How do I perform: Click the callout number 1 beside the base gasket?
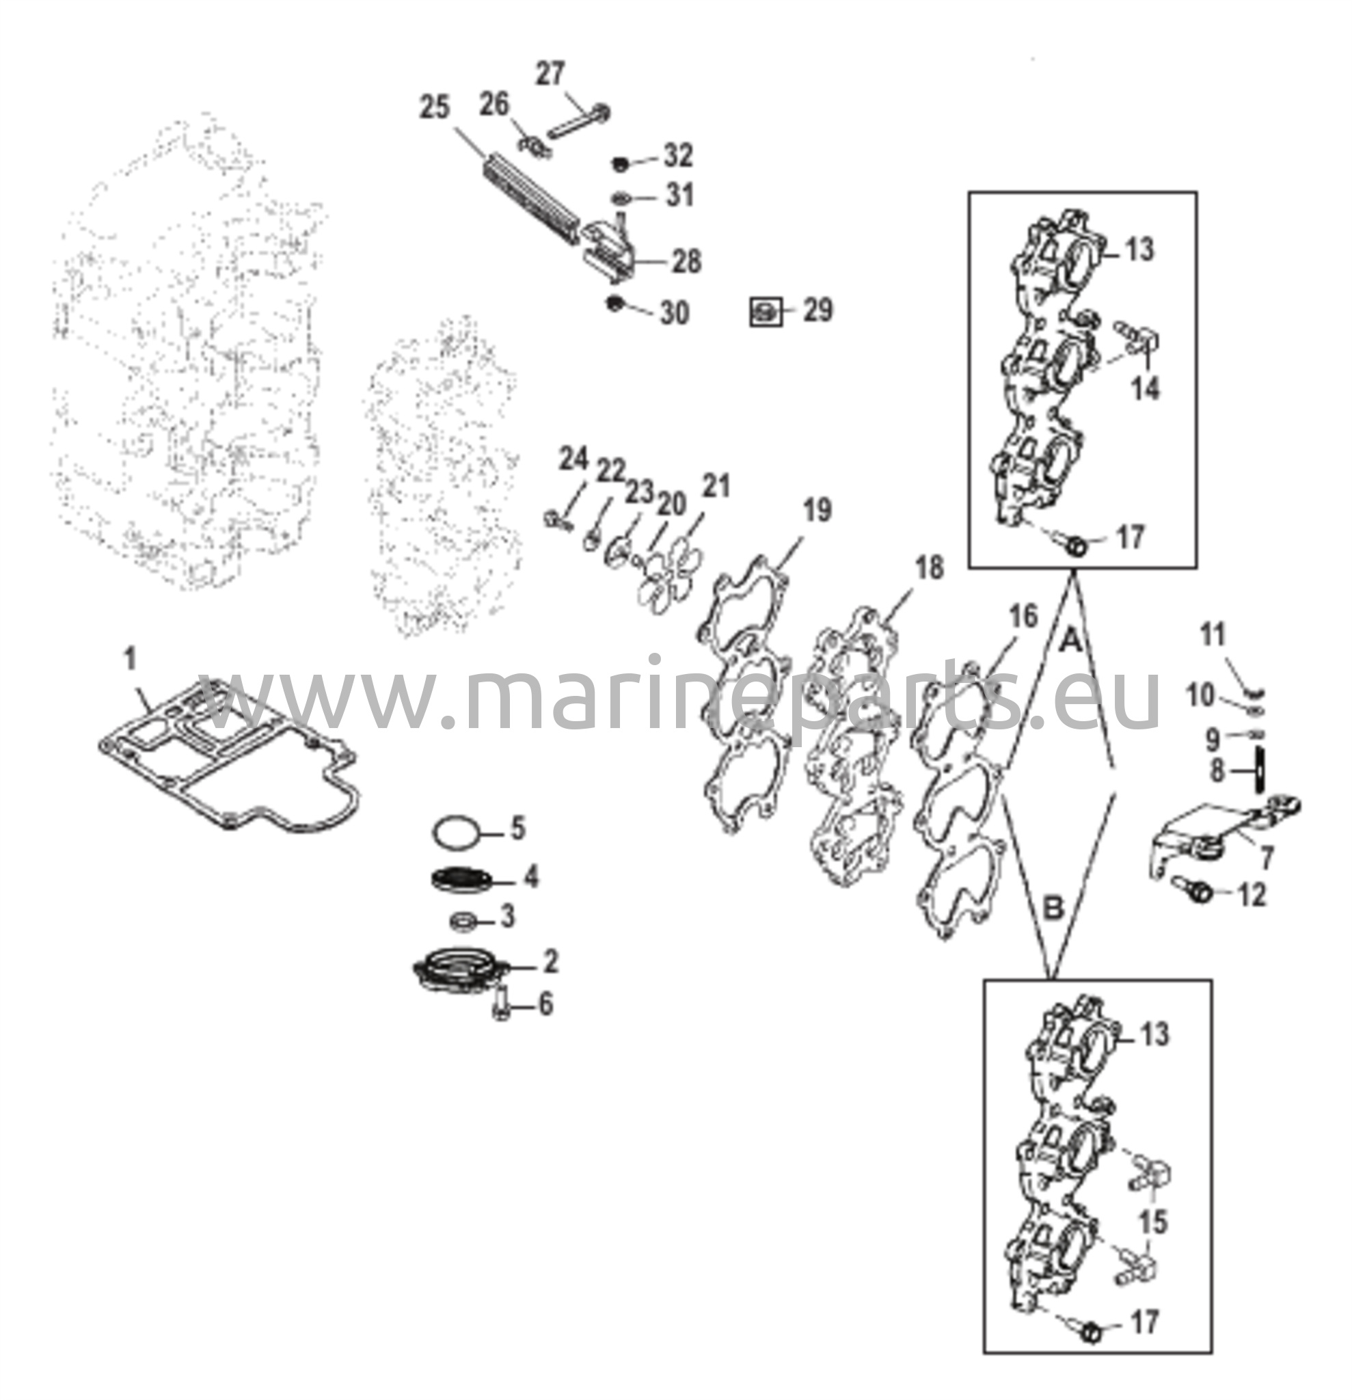131,660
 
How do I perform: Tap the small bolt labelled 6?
500,1006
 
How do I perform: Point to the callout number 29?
817,311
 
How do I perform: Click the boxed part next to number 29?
766,312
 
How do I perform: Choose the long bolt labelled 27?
579,123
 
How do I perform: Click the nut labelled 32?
621,164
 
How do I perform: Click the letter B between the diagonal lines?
1053,909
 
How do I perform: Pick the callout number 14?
1146,389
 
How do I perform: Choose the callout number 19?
817,511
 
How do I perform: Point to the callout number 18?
929,569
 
